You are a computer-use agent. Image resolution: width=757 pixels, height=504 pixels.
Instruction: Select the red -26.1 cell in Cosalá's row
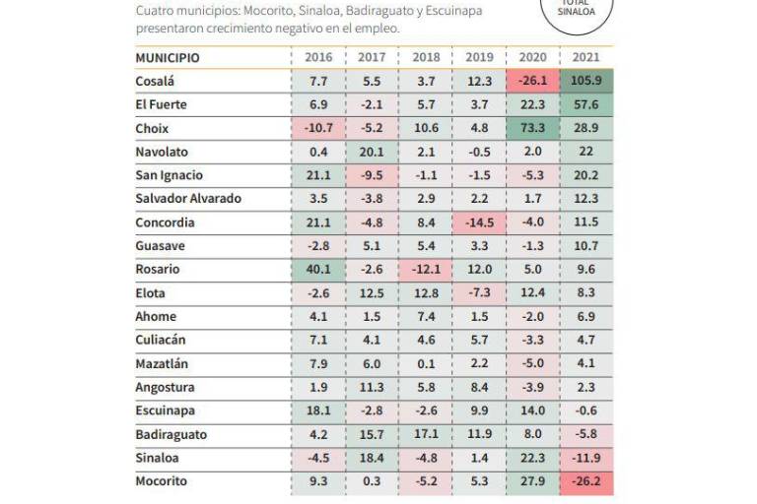pos(532,82)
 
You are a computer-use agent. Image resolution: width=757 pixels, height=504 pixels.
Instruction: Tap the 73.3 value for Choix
pos(532,129)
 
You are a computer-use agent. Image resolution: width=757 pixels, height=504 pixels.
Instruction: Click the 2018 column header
pos(426,58)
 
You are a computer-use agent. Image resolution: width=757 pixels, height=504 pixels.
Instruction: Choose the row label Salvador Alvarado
pos(188,199)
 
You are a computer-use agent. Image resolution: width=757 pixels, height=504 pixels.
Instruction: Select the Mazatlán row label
pos(163,364)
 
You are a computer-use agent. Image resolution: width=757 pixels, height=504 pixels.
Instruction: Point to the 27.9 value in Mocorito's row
pos(532,482)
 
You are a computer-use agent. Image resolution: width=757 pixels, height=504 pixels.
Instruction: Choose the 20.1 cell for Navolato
pos(372,153)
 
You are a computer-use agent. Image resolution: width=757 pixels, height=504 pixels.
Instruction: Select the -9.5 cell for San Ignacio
pos(372,176)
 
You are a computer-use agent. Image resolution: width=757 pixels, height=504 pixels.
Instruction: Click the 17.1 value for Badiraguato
pos(426,435)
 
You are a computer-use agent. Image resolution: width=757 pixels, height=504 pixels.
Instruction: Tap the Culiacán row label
pos(161,341)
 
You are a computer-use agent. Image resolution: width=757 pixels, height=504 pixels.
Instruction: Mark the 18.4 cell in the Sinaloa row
pos(372,459)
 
